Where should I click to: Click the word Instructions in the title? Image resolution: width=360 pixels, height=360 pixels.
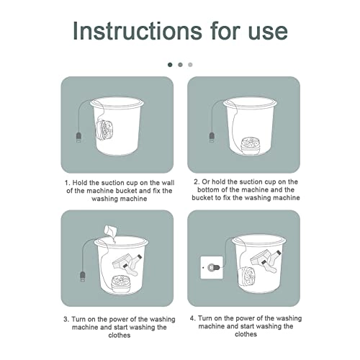tap(138, 30)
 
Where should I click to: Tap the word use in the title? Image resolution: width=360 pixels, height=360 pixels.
tap(268, 33)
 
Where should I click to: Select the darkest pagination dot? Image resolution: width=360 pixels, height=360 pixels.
tap(170, 65)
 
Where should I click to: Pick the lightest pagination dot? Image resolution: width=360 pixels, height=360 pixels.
tap(190, 65)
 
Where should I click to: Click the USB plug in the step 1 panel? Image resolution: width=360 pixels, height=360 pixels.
tap(78, 137)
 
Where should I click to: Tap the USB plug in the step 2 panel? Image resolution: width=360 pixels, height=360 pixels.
tap(212, 137)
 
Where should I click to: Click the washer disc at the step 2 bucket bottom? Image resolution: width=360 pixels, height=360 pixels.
tap(251, 146)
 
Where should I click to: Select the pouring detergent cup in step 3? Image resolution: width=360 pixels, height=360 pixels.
tap(110, 230)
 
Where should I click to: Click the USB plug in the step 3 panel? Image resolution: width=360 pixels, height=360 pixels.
tap(83, 276)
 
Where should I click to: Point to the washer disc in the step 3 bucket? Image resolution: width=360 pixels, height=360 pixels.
tap(121, 284)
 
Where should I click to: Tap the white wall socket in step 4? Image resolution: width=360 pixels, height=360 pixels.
tap(212, 267)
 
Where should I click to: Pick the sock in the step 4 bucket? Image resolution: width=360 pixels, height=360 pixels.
tap(271, 261)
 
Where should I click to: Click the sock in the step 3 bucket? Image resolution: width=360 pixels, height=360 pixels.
tap(132, 266)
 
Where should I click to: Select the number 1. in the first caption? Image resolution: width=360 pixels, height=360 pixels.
tap(68, 183)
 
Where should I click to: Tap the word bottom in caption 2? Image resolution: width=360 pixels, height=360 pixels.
tap(208, 190)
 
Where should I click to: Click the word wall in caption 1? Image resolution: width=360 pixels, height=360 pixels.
tap(168, 183)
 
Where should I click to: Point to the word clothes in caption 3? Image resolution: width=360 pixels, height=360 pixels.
tap(120, 335)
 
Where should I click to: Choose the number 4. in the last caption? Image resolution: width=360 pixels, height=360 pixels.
tap(193, 318)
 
